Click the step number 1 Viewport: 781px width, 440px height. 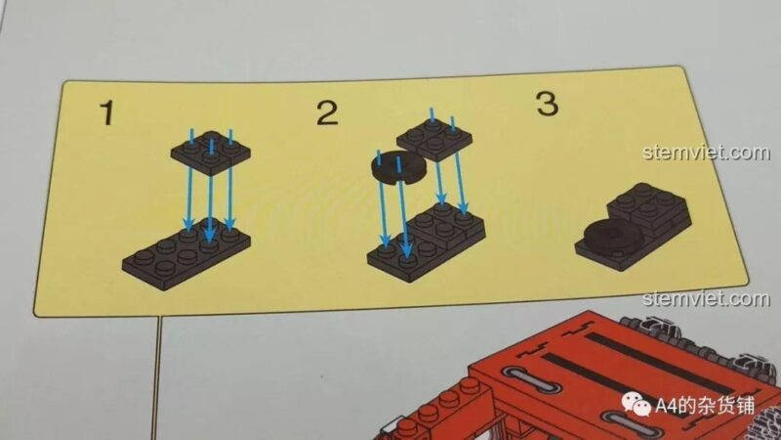pyautogui.click(x=106, y=113)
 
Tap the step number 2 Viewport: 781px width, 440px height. pyautogui.click(x=327, y=113)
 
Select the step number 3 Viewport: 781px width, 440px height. pyautogui.click(x=547, y=104)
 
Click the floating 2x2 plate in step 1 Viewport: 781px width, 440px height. pyautogui.click(x=210, y=153)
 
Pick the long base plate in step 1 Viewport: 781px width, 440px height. pyautogui.click(x=186, y=253)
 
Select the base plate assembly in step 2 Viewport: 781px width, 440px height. pyautogui.click(x=426, y=242)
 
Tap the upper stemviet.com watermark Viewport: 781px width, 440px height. pyautogui.click(x=706, y=152)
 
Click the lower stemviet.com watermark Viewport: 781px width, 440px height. pyautogui.click(x=706, y=298)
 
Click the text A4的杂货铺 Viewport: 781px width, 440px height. pyautogui.click(x=704, y=405)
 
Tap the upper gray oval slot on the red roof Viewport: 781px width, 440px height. pyautogui.click(x=532, y=380)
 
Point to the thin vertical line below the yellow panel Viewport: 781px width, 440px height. pyautogui.click(x=156, y=377)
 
